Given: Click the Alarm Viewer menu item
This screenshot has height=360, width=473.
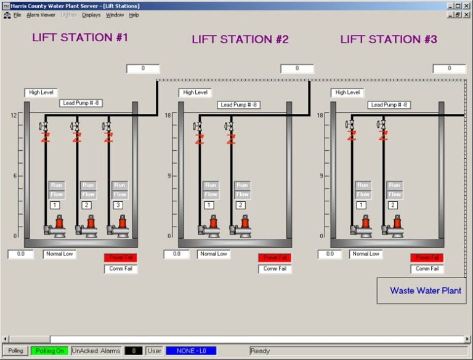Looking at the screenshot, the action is click(41, 15).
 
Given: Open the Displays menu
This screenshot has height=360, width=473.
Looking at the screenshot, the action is click(91, 15).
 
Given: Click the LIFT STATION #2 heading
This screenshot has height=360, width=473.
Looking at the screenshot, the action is click(240, 39).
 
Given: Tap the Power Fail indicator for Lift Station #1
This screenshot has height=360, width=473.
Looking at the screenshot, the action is click(120, 258).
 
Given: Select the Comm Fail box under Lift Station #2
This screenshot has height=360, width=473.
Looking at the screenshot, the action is click(275, 269).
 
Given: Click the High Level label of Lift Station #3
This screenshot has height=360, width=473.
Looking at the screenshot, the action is click(347, 93).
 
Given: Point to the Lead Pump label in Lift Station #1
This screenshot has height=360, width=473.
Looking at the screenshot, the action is click(81, 103).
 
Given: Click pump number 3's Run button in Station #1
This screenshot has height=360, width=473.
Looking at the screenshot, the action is click(119, 185).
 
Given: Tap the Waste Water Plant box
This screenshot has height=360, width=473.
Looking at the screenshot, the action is click(425, 290).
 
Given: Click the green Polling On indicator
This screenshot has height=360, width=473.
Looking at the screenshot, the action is click(50, 351).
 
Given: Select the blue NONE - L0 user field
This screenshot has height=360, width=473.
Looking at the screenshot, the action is click(191, 351).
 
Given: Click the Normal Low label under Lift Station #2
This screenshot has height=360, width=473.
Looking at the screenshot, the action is click(214, 254).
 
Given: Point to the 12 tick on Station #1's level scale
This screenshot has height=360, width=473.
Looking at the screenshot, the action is click(14, 116).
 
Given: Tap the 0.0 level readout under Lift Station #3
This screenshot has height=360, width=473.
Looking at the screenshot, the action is click(329, 254).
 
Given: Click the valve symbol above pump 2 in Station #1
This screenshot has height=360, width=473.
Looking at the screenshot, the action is click(76, 126).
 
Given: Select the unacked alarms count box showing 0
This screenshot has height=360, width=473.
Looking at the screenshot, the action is click(134, 351).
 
